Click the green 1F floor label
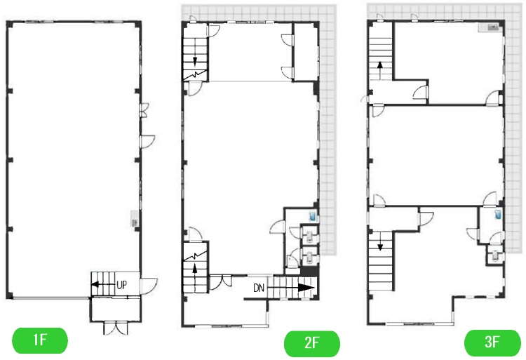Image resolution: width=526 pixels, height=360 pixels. [39, 340]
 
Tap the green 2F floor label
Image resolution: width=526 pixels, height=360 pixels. [312, 343]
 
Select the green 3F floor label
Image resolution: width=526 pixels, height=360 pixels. [492, 342]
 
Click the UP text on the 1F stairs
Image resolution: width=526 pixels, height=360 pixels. [122, 285]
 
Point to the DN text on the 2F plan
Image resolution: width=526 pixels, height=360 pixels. [259, 288]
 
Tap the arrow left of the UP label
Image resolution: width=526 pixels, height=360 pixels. [103, 284]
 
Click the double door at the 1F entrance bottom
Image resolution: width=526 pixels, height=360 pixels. [116, 328]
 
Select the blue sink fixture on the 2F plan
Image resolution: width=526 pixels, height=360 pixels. [313, 216]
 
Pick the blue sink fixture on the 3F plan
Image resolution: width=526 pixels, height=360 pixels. [497, 215]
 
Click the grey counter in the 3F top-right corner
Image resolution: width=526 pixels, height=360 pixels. [490, 28]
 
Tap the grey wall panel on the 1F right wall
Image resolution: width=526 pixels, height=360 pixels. [135, 218]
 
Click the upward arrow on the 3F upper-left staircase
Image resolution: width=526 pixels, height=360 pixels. [380, 69]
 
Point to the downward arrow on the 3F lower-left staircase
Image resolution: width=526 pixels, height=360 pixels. [380, 241]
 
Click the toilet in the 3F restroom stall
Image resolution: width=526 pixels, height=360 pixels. [494, 255]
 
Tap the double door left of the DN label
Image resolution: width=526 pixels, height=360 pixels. [220, 281]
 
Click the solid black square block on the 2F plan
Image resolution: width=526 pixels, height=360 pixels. [309, 270]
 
